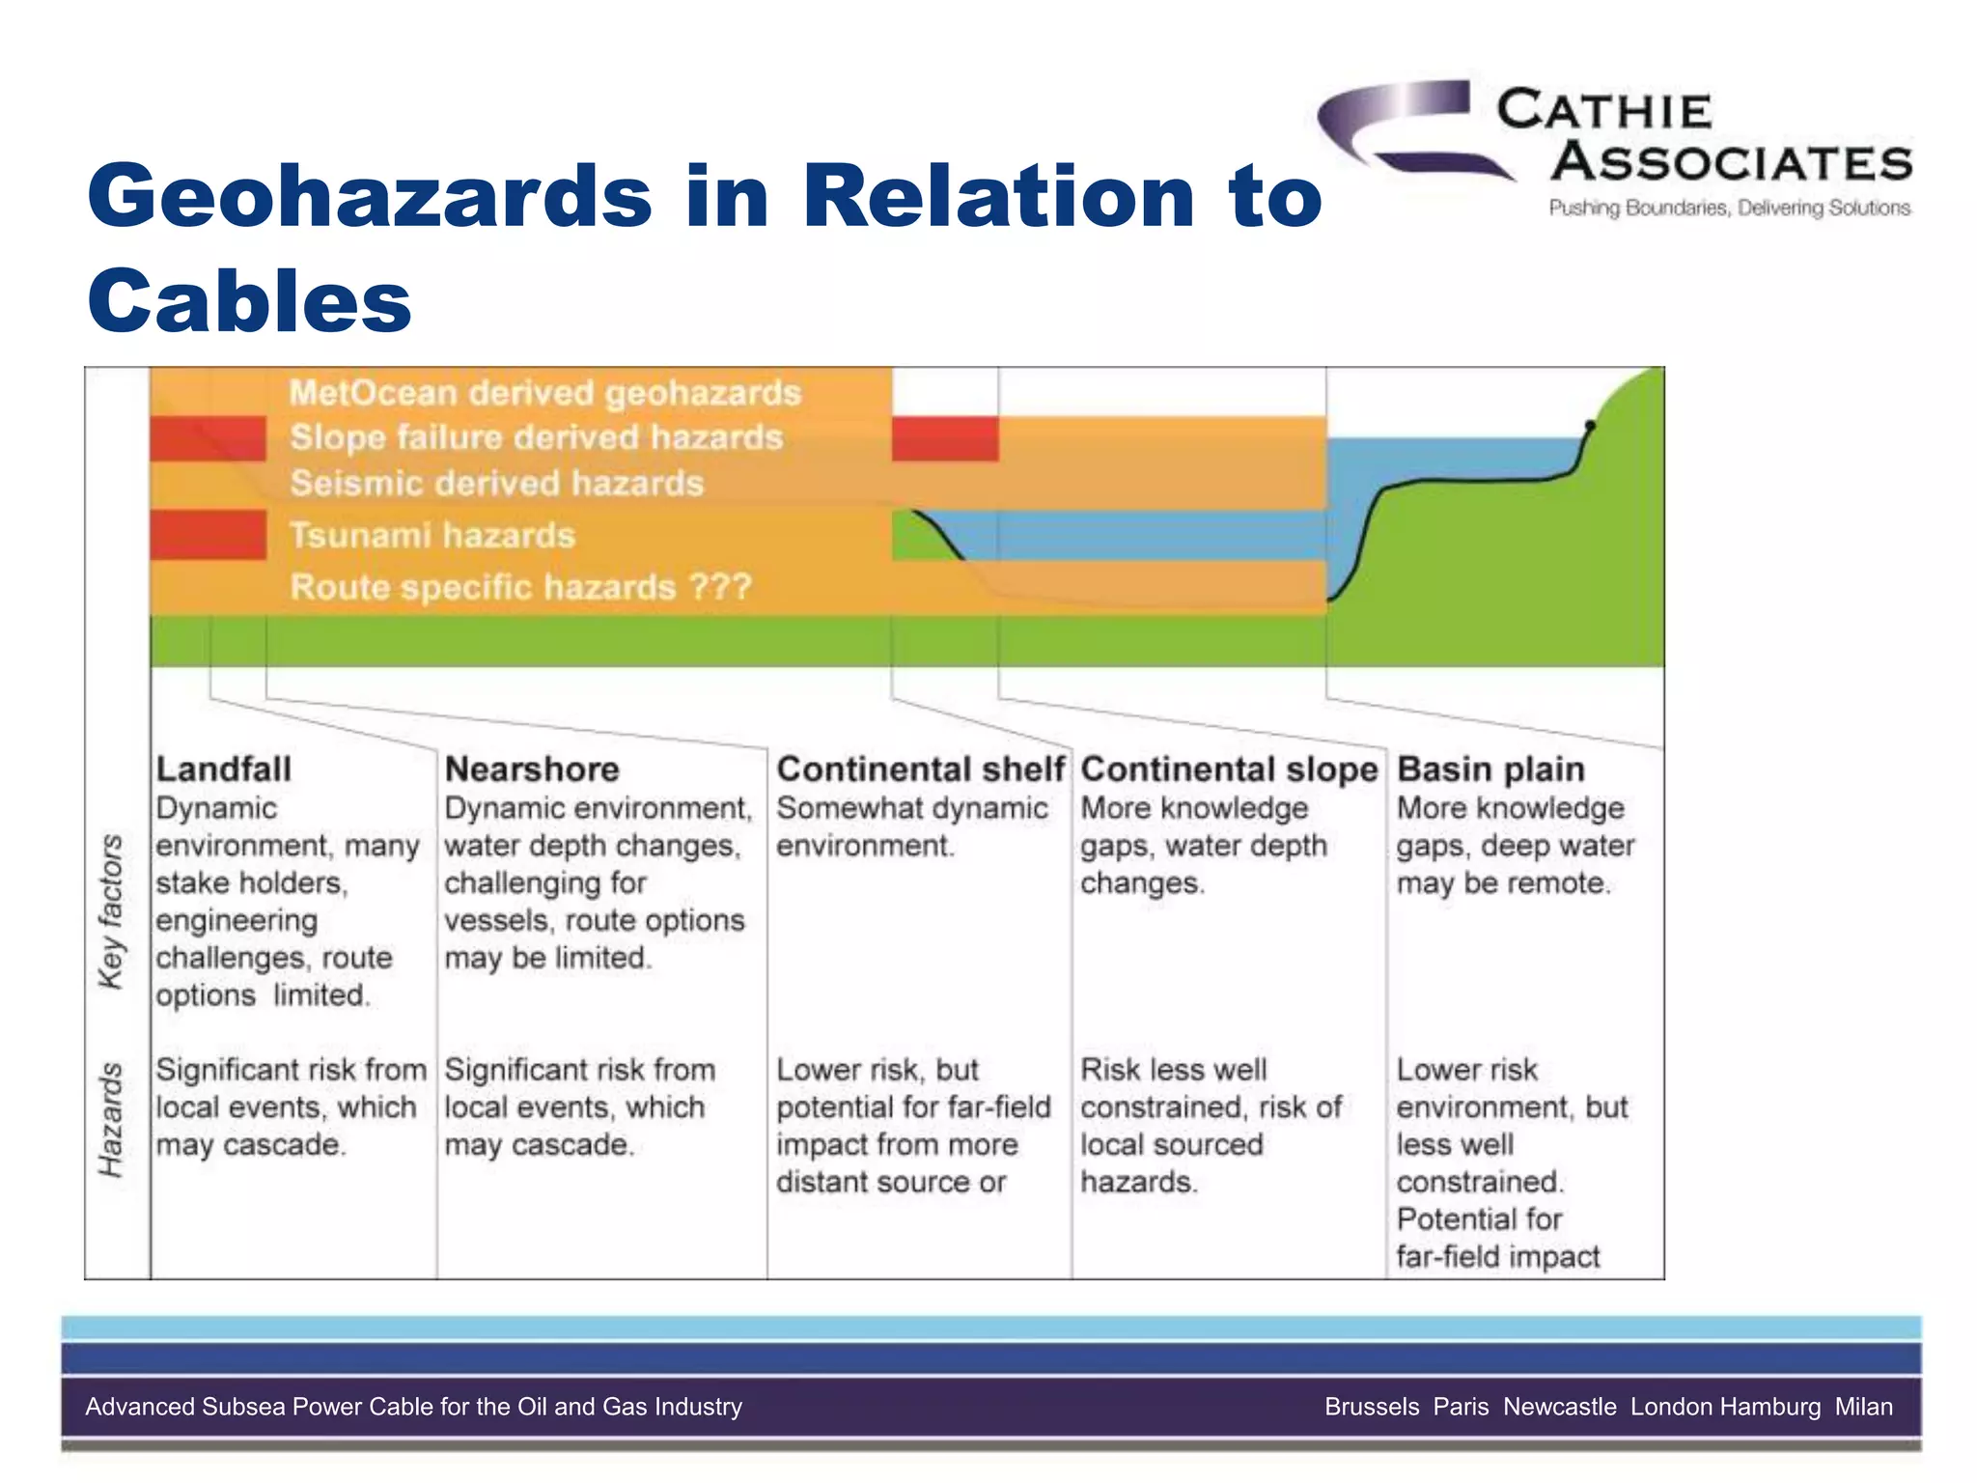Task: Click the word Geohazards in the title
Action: (369, 196)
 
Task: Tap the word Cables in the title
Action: (249, 300)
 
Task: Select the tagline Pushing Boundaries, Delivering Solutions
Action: (1729, 208)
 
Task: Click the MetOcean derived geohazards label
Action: (544, 393)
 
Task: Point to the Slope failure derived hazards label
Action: (536, 437)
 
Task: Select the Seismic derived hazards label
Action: (496, 483)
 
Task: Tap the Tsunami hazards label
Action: (432, 535)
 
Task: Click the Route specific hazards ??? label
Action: (520, 587)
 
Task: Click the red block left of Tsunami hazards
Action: (208, 535)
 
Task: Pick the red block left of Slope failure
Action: (208, 438)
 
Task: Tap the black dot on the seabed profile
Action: (1590, 425)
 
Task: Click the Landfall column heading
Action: (223, 769)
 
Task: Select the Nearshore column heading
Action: (531, 769)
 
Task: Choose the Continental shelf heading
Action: (920, 769)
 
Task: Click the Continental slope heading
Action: (1228, 769)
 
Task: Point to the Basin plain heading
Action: (1490, 769)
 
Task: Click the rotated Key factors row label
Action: (112, 910)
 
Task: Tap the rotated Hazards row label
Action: (112, 1120)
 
